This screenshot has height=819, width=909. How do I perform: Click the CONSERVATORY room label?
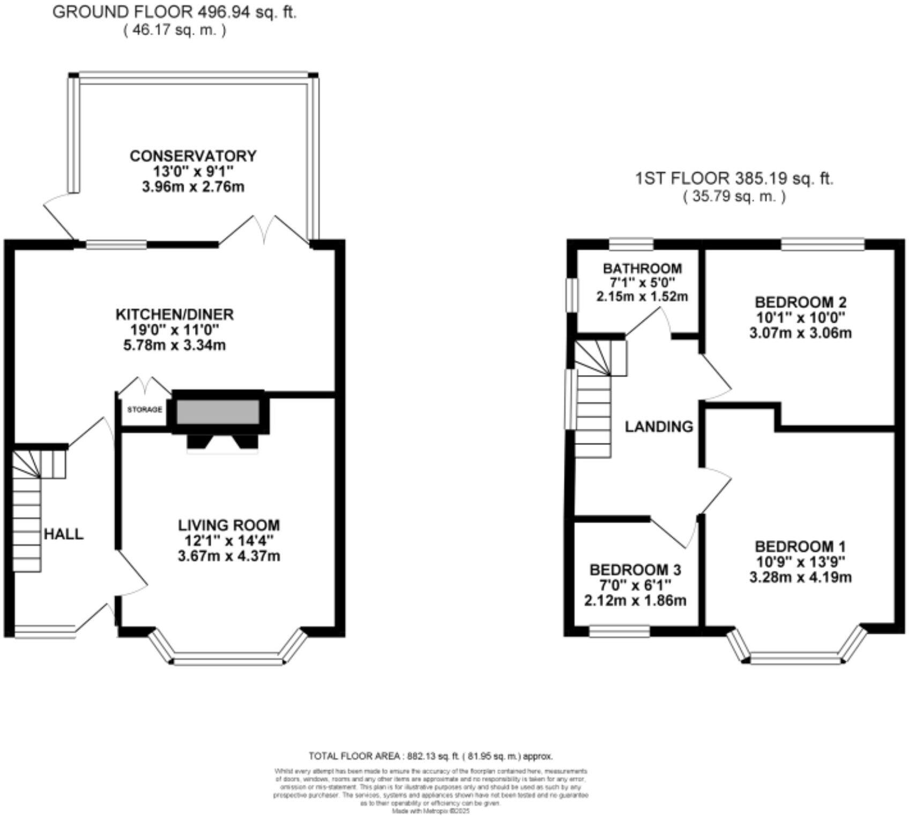tap(193, 156)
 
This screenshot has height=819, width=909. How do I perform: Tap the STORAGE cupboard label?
tap(144, 409)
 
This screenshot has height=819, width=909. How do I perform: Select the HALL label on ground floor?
tap(63, 534)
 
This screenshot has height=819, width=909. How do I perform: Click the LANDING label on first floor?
tap(659, 427)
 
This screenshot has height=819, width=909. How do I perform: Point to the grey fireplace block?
tap(218, 411)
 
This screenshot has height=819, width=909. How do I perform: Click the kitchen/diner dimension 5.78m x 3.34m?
tap(174, 345)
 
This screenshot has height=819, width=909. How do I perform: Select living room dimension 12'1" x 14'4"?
tap(228, 540)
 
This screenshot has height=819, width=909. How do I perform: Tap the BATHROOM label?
tap(642, 268)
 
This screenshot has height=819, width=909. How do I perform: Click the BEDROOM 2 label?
tap(800, 301)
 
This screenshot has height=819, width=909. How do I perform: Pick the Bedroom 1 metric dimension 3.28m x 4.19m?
tap(800, 577)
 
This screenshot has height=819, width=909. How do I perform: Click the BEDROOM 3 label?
tap(635, 569)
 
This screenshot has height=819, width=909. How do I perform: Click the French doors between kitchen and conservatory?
tap(264, 230)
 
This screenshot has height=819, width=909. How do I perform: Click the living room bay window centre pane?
tap(228, 660)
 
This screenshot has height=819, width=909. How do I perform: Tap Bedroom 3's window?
tap(619, 633)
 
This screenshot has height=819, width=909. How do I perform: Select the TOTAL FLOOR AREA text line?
tap(430, 756)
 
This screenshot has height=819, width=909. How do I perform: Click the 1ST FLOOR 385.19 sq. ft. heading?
tap(734, 178)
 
